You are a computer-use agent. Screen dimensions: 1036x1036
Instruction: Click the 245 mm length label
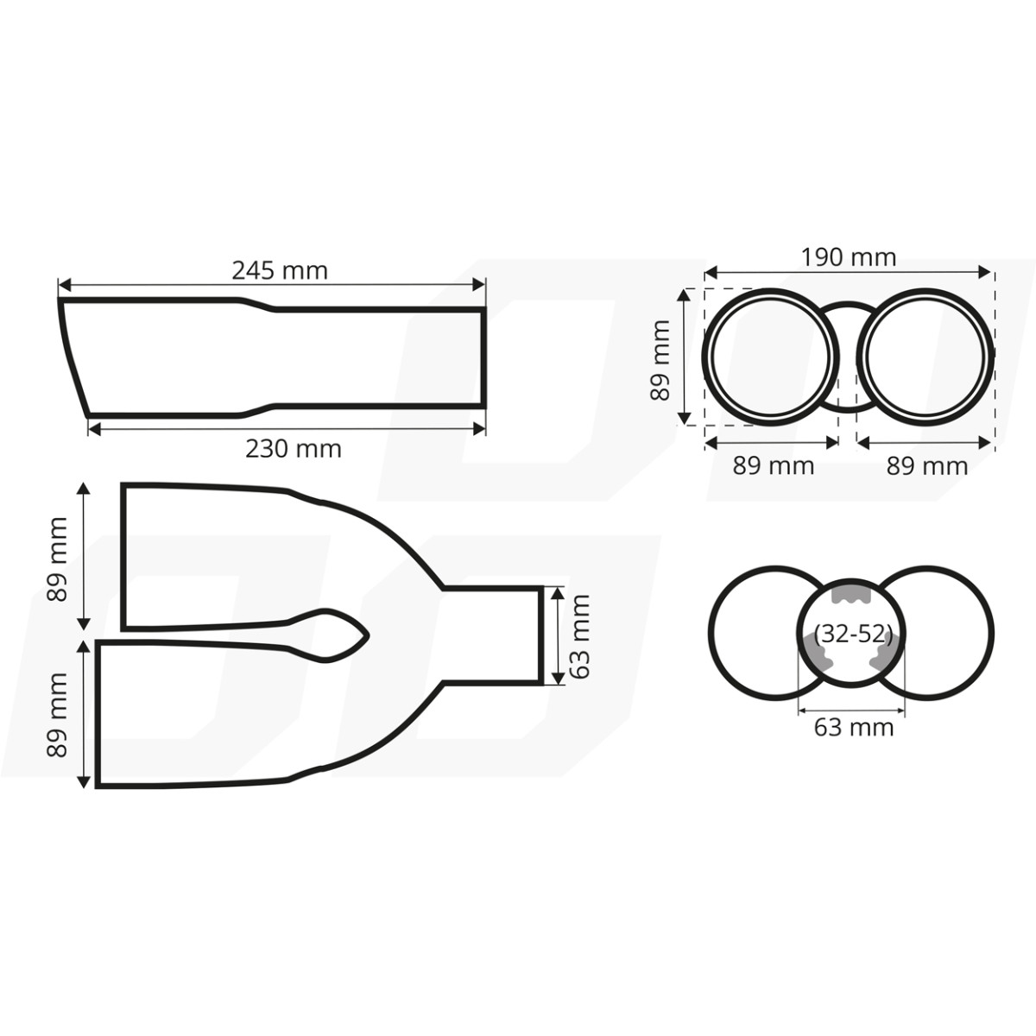click(279, 270)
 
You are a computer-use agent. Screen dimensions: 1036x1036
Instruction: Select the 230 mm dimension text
click(293, 449)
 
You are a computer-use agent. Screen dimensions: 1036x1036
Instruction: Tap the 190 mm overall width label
click(848, 257)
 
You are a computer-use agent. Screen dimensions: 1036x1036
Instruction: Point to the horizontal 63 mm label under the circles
click(853, 728)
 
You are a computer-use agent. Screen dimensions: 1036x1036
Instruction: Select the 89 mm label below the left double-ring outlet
click(773, 466)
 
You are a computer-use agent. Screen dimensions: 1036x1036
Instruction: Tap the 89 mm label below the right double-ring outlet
click(927, 466)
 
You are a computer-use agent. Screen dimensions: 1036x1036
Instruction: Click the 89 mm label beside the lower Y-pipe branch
click(57, 714)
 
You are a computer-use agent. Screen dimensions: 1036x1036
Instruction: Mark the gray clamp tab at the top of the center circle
click(849, 597)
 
